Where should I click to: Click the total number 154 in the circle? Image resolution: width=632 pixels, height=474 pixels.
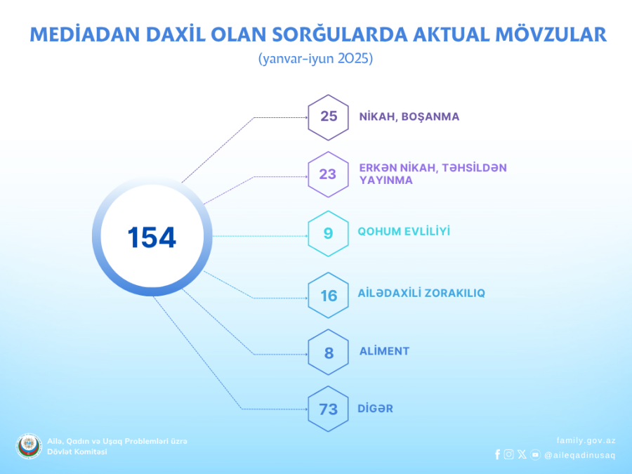(x=152, y=237)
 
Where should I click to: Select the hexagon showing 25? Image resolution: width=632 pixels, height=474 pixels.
(x=328, y=117)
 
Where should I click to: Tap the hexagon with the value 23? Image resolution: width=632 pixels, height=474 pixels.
(x=328, y=175)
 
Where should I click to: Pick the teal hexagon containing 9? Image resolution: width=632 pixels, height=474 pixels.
(x=328, y=233)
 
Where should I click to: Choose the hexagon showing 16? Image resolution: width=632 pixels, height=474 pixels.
(x=328, y=296)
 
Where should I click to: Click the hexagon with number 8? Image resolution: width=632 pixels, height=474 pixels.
(x=328, y=353)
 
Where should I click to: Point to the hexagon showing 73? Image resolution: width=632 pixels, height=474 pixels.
(x=328, y=409)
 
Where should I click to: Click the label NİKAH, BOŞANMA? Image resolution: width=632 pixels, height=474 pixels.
(x=409, y=117)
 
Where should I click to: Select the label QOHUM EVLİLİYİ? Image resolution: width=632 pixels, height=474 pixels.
(x=404, y=231)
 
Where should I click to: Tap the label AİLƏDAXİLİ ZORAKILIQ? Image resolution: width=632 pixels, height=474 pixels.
(x=421, y=293)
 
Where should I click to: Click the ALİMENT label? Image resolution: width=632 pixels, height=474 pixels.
(x=384, y=351)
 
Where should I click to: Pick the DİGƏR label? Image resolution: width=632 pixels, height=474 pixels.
(x=375, y=408)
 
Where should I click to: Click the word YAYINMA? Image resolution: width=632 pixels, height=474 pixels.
(x=386, y=180)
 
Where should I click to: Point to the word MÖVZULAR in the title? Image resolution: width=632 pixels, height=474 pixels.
(x=551, y=34)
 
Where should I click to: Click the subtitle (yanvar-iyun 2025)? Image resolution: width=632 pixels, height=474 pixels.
(x=315, y=59)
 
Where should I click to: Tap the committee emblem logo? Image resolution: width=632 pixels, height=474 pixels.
(x=29, y=446)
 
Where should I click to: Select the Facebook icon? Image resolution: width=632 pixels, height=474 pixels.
(x=497, y=454)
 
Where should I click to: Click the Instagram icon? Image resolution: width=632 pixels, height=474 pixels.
(x=508, y=454)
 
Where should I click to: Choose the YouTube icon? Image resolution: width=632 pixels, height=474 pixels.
(x=535, y=454)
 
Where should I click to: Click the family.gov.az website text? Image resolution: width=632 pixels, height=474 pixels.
(x=586, y=440)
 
